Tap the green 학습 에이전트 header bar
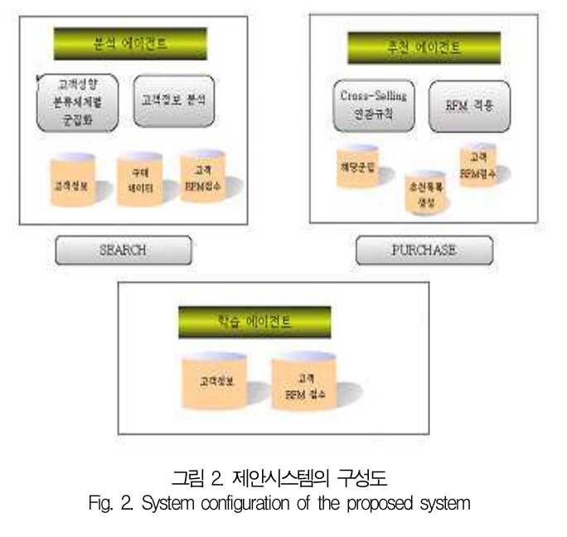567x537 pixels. point(254,322)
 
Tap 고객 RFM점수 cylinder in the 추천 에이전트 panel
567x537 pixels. point(478,165)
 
